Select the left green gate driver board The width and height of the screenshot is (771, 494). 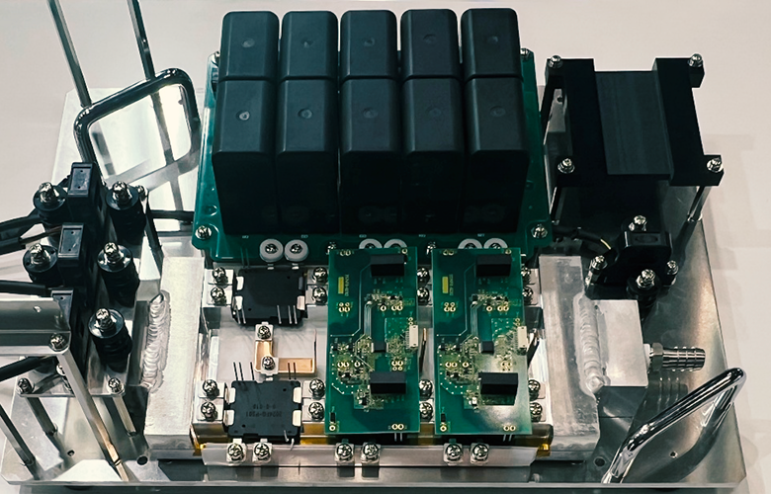372,341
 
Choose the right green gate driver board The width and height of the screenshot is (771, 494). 478,341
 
